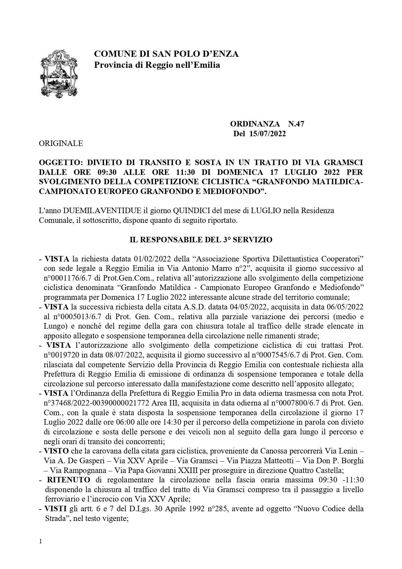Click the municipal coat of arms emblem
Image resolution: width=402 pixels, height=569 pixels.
point(60,72)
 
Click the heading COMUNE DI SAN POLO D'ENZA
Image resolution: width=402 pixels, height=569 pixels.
point(166,54)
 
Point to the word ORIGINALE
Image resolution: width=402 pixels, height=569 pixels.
point(61,143)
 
